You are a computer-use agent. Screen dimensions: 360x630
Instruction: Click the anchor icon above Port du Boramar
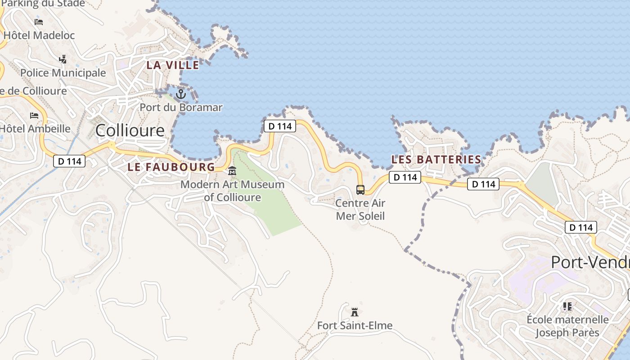(180, 94)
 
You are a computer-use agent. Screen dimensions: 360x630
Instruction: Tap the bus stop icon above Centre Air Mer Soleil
(360, 189)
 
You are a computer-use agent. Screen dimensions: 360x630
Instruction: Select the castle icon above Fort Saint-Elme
(355, 311)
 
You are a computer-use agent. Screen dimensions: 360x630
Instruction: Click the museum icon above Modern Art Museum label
(232, 171)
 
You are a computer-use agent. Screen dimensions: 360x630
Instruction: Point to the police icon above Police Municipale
(63, 59)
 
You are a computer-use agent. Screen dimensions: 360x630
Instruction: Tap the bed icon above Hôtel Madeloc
(39, 22)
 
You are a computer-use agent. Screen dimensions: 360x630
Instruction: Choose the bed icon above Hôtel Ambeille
(34, 115)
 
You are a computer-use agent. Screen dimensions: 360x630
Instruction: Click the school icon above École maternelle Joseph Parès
(567, 306)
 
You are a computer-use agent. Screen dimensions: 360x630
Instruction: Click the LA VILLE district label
(173, 65)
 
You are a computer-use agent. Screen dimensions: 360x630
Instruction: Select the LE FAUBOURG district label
(171, 167)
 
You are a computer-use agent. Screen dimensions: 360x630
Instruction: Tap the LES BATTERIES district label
(436, 159)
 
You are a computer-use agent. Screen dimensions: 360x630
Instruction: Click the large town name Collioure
(130, 130)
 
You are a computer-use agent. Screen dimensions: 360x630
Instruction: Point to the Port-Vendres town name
(590, 262)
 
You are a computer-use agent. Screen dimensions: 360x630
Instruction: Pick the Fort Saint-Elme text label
(355, 325)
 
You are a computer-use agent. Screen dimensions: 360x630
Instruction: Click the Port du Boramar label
(181, 107)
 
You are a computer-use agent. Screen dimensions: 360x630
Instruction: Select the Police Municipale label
(63, 73)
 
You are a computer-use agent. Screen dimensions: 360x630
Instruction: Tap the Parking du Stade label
(43, 4)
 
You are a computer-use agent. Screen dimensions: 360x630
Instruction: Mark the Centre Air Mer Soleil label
(360, 209)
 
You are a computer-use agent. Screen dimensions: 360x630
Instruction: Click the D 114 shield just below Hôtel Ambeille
(69, 161)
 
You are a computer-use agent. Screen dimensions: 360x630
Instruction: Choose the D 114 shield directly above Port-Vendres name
(581, 227)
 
